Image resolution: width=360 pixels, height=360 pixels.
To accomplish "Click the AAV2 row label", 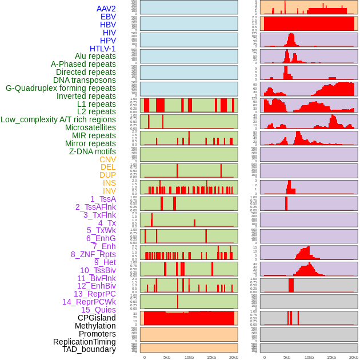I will click(x=106, y=9).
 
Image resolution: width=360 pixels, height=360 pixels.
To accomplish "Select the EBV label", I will click(x=108, y=17).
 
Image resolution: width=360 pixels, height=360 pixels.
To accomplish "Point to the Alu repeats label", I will click(x=95, y=56).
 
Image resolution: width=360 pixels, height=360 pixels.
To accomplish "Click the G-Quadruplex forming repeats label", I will click(x=61, y=88).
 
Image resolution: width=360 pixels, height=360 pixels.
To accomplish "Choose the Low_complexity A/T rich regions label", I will click(x=58, y=119).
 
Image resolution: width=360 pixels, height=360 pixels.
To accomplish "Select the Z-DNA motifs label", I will click(x=92, y=151).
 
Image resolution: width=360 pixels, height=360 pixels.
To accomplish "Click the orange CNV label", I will click(x=107, y=159).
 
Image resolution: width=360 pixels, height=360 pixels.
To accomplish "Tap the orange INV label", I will click(x=109, y=191).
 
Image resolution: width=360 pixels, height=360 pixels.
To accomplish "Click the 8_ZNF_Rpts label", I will click(x=93, y=254).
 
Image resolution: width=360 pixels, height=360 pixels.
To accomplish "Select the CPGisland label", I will click(x=97, y=318).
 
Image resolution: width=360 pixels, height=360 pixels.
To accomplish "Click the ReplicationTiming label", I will click(x=84, y=342).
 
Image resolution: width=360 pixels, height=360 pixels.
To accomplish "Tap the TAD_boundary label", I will click(x=89, y=349).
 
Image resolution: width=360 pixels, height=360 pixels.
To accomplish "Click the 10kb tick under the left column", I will click(x=189, y=357).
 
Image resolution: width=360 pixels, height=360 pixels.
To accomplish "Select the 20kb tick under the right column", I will click(x=354, y=357).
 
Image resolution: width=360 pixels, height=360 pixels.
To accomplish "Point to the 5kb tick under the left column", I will click(x=167, y=357).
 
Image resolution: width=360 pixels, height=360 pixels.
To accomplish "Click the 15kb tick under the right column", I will click(x=331, y=357).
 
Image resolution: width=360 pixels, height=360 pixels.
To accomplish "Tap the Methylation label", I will click(x=95, y=326).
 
